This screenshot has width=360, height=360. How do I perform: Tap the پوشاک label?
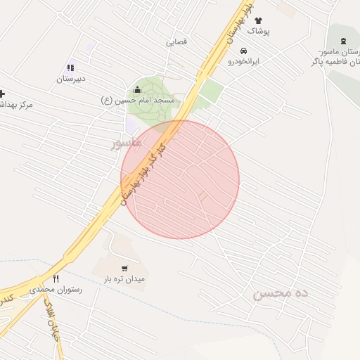click(257, 32)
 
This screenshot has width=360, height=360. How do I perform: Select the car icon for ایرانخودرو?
click(243, 51)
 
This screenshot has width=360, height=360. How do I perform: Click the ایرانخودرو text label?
click(243, 62)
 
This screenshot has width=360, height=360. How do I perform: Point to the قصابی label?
click(176, 41)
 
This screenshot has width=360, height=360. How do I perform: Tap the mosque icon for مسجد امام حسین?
click(137, 89)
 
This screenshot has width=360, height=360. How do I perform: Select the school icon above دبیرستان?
click(71, 67)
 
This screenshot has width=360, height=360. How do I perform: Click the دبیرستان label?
click(71, 79)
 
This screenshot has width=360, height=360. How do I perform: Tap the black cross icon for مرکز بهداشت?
click(2, 94)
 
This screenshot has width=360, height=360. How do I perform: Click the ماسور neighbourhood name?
click(127, 143)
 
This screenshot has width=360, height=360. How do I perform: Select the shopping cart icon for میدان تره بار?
click(124, 268)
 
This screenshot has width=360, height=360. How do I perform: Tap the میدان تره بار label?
click(124, 279)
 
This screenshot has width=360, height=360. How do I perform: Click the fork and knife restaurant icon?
click(56, 278)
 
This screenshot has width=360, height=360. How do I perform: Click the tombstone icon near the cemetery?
click(342, 41)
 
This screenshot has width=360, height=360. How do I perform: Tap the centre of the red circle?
click(180, 180)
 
